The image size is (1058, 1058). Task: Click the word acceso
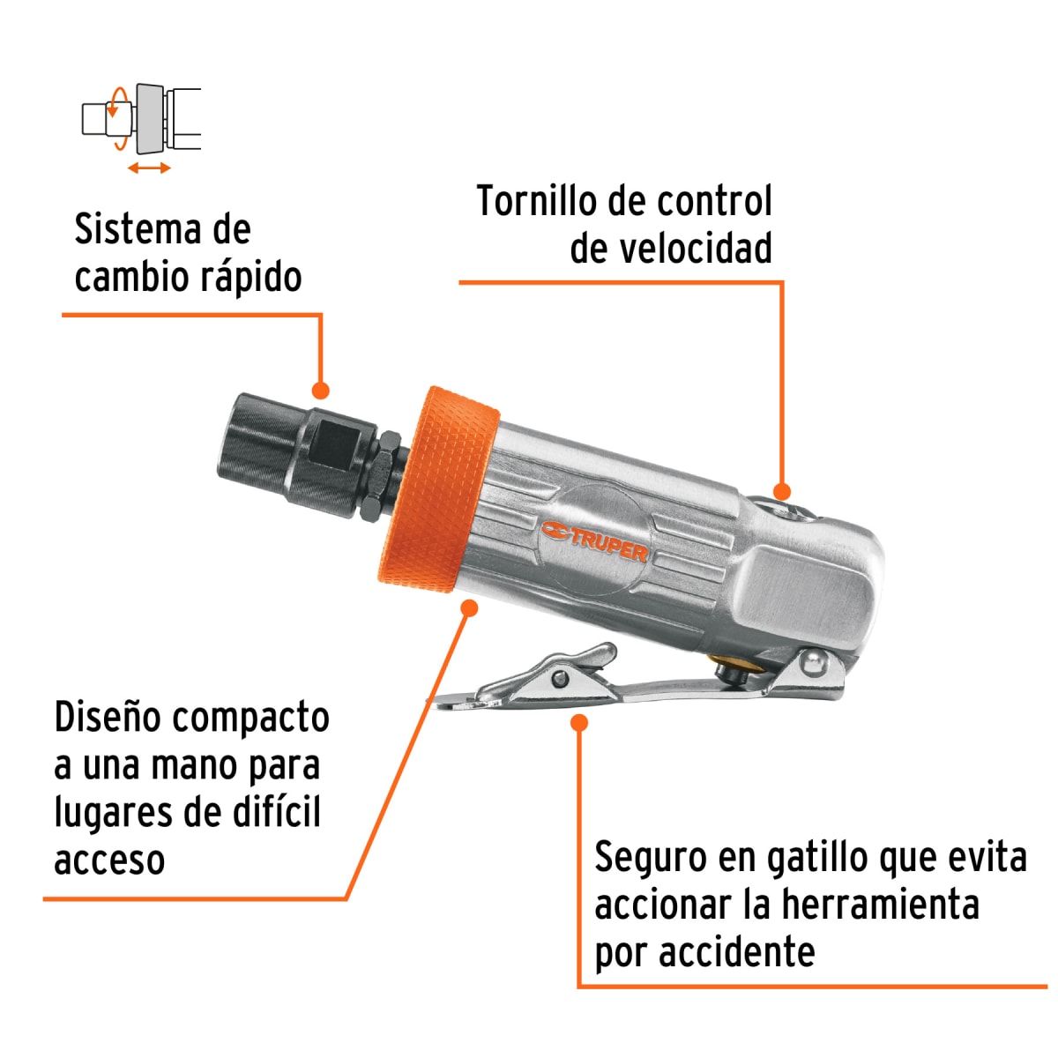(109, 861)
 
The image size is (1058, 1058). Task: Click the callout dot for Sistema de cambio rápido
(321, 391)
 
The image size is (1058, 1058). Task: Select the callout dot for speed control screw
(781, 492)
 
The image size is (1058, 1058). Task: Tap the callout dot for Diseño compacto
(469, 607)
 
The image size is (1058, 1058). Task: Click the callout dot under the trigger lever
(579, 723)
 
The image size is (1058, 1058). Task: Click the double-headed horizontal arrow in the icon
(149, 168)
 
